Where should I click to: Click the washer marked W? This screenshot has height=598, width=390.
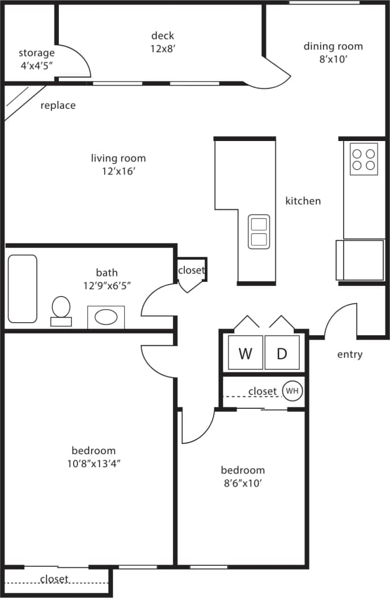pos(245,353)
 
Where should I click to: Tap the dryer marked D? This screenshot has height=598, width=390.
pos(282,353)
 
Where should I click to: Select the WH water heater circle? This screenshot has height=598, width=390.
pos(292,391)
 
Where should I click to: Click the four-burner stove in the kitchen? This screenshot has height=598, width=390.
pos(364,159)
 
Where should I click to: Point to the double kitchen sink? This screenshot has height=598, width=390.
pos(259,232)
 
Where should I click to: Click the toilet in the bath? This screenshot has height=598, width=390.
pos(61,310)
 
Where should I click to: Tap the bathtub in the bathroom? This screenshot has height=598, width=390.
pos(23,289)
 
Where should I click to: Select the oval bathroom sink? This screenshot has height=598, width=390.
pos(106,317)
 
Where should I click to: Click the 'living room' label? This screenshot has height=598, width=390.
pos(118,158)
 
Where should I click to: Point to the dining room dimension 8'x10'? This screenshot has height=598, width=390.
pos(333,59)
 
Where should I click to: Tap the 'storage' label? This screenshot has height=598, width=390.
pos(37,53)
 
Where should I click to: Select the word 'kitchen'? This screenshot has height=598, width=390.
pos(303,200)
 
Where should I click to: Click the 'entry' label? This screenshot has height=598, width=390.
pos(350,354)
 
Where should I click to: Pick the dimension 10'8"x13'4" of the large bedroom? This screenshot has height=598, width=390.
pos(94,463)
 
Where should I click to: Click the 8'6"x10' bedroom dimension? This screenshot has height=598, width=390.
pos(243,483)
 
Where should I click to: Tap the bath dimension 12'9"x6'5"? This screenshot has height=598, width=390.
pos(107,285)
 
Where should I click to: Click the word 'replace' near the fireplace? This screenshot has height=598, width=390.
pos(58,105)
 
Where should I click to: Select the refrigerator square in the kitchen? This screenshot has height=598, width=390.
pos(360,260)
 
